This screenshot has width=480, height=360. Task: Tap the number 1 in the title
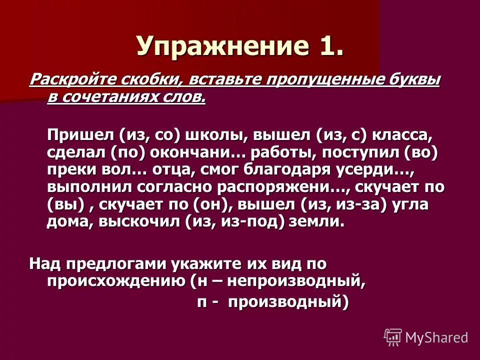coord(331,46)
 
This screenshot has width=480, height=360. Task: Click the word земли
coord(317,221)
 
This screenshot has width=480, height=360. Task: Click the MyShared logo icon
coord(393,337)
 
